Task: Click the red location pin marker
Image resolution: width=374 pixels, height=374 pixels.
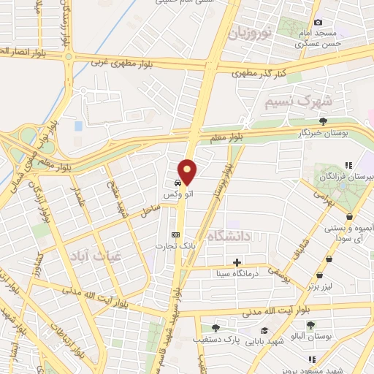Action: coord(188,172)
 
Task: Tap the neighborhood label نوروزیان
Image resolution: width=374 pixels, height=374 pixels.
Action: coord(249,33)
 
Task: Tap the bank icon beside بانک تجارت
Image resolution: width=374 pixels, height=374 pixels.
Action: coord(175,234)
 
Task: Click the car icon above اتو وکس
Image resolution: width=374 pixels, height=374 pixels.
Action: coord(178,183)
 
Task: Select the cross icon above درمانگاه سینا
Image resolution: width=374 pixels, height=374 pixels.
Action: coord(237,262)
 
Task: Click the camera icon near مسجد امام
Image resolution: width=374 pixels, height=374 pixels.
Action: coord(318,23)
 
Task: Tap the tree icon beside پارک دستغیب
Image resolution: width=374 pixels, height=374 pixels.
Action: coord(215,328)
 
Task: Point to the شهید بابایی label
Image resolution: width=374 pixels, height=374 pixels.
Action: coord(261,340)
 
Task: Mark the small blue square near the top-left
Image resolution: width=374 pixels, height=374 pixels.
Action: coord(78,126)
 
